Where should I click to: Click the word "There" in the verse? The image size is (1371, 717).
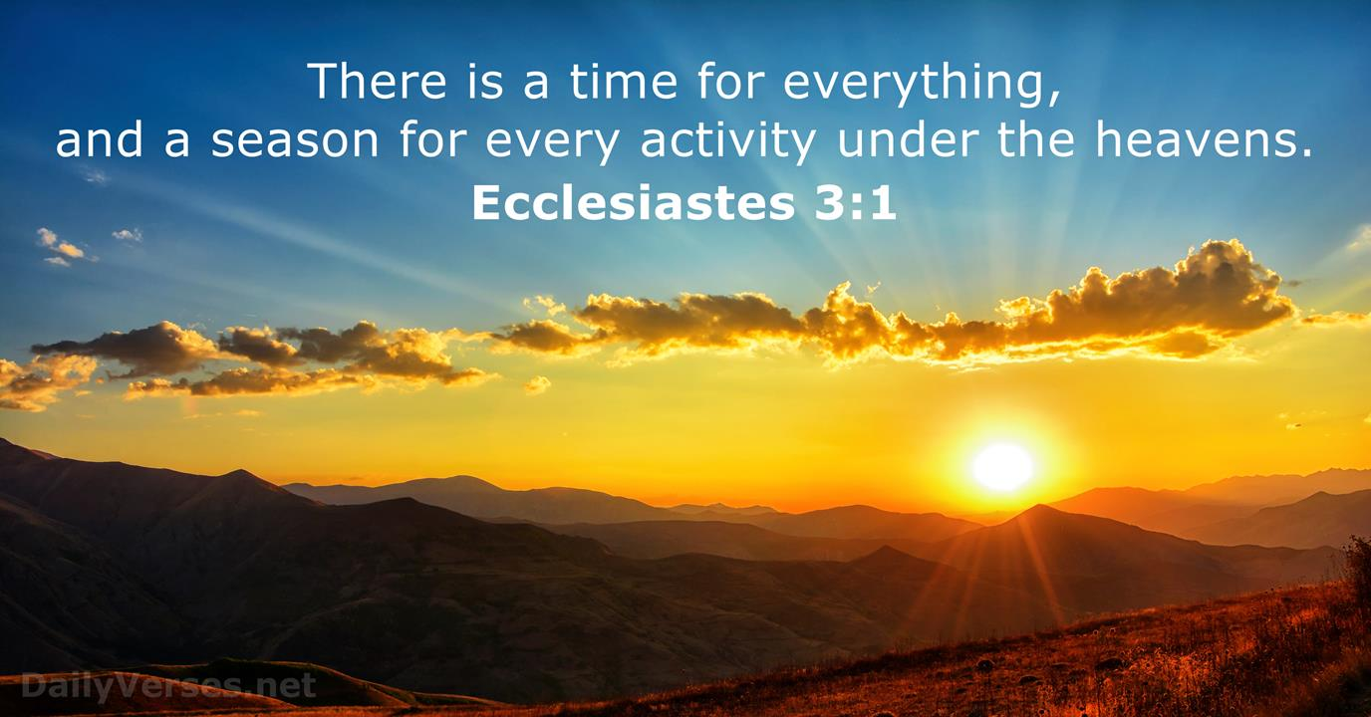377,81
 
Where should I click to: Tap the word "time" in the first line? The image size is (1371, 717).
623,81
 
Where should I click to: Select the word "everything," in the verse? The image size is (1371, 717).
922,86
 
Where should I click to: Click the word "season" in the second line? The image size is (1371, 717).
295,140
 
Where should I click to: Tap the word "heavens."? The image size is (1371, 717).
1204,139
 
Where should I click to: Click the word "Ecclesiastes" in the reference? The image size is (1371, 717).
634,203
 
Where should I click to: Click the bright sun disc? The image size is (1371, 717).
1003,467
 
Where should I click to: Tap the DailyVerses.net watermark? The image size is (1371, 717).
168,686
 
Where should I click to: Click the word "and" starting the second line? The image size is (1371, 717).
100,139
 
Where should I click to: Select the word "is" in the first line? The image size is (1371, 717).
486,81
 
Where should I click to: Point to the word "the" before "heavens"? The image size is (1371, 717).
1036,139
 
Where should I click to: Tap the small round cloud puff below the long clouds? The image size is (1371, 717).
537,384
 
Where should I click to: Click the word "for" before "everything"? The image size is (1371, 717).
729,81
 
